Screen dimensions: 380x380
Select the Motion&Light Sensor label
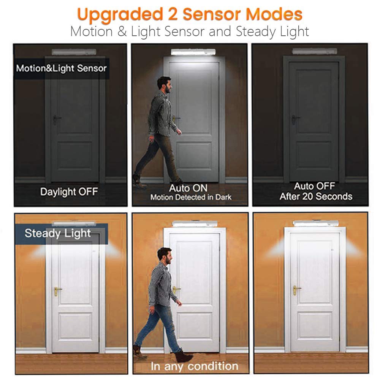(62, 68)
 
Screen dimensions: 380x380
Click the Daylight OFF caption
(69, 192)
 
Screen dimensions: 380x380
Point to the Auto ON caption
(188, 188)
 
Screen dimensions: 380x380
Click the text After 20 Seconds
(316, 196)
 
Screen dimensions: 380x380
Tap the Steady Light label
(58, 233)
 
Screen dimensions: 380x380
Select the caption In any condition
(194, 366)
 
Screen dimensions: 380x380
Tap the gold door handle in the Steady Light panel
(57, 290)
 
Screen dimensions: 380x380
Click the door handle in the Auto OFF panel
(295, 118)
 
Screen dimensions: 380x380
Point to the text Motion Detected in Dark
(190, 197)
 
